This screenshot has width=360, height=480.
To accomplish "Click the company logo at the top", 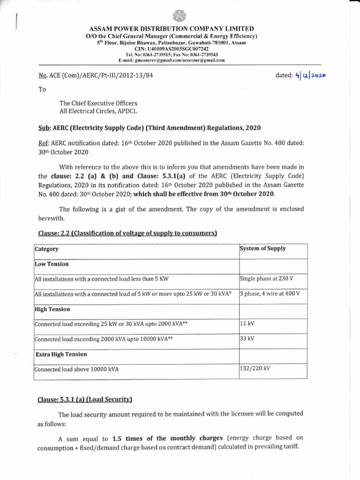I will tap(180, 16).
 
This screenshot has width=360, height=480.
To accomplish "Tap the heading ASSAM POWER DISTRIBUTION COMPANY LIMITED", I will tap(180, 29).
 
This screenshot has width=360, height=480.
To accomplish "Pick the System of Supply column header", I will tap(262, 248).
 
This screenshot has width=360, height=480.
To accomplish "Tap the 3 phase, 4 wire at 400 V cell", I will tap(270, 293).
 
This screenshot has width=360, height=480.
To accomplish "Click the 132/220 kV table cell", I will tap(255, 368).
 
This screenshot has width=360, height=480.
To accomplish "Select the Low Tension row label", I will tap(52, 264).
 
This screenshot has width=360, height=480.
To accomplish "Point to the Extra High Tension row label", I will tap(61, 354).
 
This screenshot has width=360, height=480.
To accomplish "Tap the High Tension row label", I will tap(52, 309).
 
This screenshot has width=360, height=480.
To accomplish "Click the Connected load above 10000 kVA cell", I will tap(77, 369).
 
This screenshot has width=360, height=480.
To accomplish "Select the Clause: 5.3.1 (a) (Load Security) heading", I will tap(85, 399).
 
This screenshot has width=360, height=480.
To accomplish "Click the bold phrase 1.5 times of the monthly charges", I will tap(167, 439).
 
